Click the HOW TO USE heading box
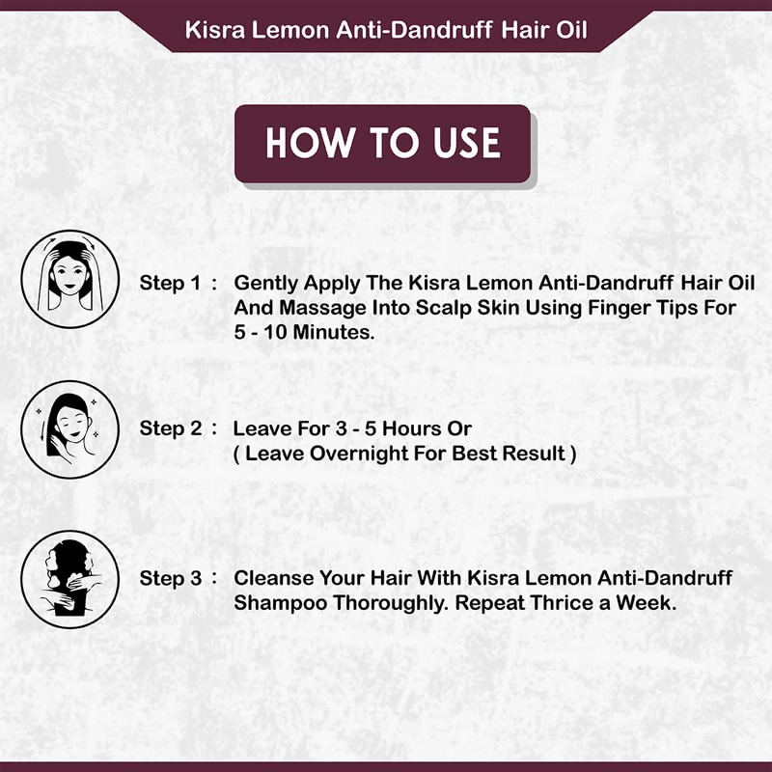click(382, 144)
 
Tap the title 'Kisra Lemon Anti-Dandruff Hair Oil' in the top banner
click(386, 30)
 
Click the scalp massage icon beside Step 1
click(69, 279)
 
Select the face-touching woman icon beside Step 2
click(69, 429)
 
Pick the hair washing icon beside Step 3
click(69, 579)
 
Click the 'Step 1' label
click(171, 283)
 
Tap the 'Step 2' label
click(171, 428)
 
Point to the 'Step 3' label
click(171, 578)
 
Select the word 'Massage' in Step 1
click(322, 309)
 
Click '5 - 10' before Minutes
click(261, 332)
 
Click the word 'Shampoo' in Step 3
click(281, 604)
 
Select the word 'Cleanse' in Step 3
click(273, 578)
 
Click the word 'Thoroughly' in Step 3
click(391, 604)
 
